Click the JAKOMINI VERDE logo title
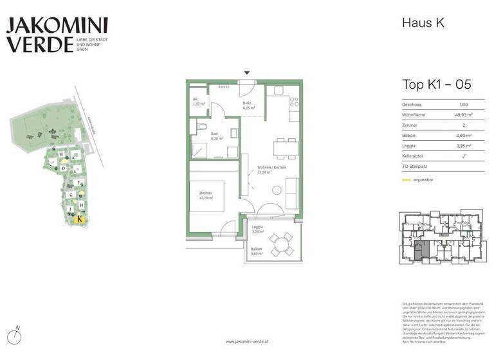[x=57, y=35]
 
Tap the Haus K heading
[x=423, y=22]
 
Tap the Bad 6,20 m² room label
[x=217, y=136]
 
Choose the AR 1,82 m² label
[x=198, y=102]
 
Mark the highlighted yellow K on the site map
[x=79, y=219]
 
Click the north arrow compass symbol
[x=17, y=335]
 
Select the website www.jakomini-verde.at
[x=247, y=342]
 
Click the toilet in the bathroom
[x=203, y=126]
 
